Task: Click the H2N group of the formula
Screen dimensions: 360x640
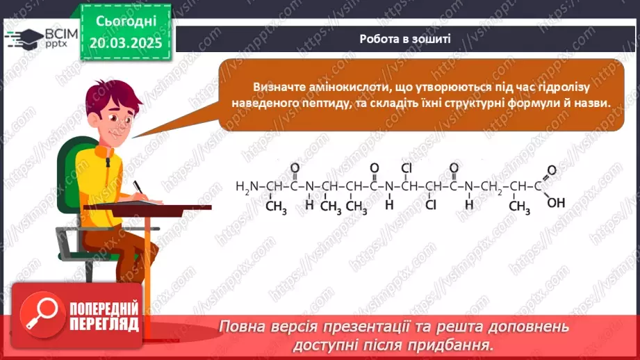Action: tap(247, 186)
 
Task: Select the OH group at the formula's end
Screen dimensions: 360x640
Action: tap(556, 203)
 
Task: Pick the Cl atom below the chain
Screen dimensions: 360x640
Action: tap(431, 204)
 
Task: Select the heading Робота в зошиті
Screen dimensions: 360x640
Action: tap(405, 38)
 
